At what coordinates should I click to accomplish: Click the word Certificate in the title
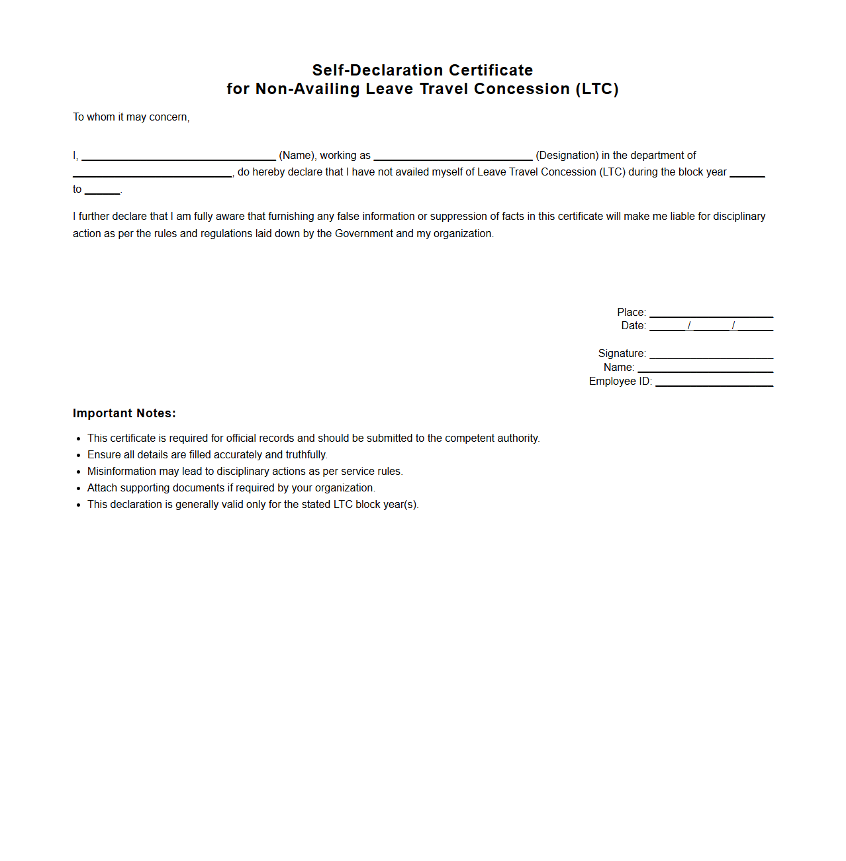[491, 70]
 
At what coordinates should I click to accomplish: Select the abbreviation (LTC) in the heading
[596, 89]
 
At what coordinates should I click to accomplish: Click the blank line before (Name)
[179, 158]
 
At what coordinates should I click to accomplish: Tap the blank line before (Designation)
[453, 158]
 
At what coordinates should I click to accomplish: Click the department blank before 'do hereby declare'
[152, 175]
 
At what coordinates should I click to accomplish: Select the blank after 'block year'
[747, 175]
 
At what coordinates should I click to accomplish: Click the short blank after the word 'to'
[103, 192]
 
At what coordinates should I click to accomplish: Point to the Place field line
[711, 315]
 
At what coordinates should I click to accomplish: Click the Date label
[633, 326]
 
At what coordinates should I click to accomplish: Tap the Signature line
[711, 357]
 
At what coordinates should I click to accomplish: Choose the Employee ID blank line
[714, 384]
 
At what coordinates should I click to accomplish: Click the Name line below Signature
[705, 370]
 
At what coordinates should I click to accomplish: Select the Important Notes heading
[124, 413]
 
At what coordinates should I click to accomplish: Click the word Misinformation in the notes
[122, 472]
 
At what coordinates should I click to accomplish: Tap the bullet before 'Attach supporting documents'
[79, 488]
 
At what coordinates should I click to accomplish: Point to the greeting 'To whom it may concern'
[131, 117]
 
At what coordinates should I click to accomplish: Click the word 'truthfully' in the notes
[306, 455]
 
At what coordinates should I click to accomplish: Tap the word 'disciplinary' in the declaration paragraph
[739, 217]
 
